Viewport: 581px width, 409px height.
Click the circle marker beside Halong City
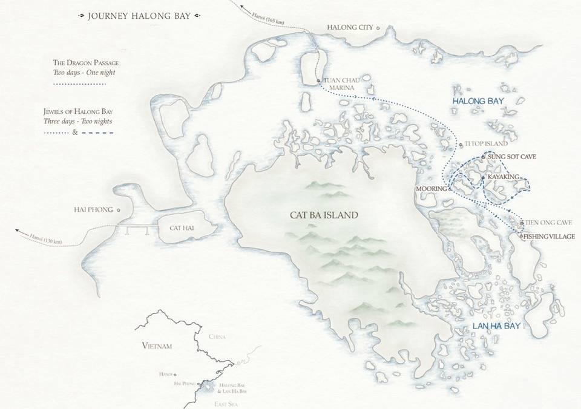[x=378, y=28]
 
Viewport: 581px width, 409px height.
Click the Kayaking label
[x=504, y=177]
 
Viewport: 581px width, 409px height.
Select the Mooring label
[x=430, y=189]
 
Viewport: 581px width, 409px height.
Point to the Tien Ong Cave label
[x=544, y=223]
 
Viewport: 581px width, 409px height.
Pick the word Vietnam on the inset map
[x=157, y=346]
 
